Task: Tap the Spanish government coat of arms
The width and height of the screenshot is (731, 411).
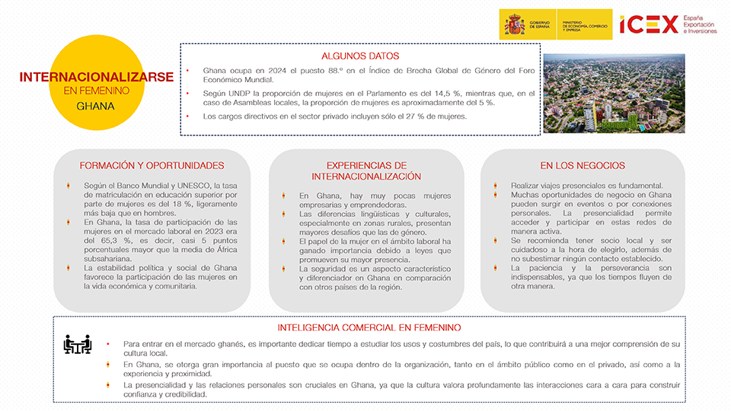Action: point(514,24)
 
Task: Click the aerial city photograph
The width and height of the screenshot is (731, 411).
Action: point(619,93)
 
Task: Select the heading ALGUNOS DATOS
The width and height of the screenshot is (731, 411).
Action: point(360,56)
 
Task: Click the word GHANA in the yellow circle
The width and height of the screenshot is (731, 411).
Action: point(95,106)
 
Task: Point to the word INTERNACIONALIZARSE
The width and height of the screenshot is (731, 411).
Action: point(96,77)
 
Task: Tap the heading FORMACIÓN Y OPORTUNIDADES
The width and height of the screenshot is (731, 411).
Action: point(152,165)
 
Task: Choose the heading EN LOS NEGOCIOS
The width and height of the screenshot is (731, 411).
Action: point(583,165)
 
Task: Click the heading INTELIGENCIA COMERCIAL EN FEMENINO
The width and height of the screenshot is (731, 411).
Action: point(369,327)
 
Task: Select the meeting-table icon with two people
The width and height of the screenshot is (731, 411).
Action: point(78,344)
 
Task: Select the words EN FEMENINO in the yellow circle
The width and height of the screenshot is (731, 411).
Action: point(96,91)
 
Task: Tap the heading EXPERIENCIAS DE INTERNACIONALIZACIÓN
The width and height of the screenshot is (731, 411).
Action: point(367,170)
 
